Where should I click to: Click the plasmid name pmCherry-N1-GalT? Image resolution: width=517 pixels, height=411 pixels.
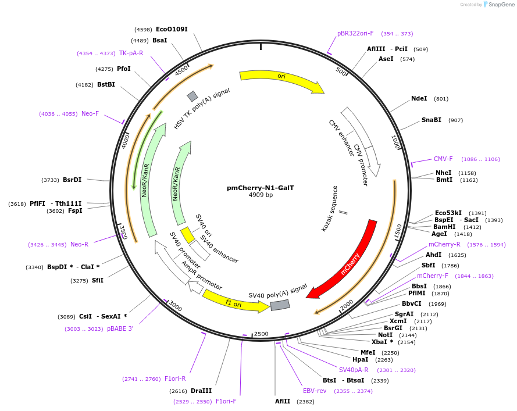pyautogui.click(x=260, y=188)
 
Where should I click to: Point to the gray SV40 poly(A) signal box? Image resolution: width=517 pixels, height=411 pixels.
pyautogui.click(x=280, y=305)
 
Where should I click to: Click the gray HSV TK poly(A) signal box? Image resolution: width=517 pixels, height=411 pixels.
pyautogui.click(x=192, y=96)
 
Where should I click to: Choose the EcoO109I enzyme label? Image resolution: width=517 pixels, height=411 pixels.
pyautogui.click(x=172, y=29)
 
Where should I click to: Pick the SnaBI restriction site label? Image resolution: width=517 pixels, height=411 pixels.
pyautogui.click(x=431, y=120)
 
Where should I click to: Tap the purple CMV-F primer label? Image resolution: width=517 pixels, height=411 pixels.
pyautogui.click(x=443, y=159)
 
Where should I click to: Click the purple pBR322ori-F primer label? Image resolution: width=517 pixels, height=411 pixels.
pyautogui.click(x=355, y=33)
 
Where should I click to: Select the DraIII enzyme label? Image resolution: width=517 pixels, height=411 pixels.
pyautogui.click(x=201, y=391)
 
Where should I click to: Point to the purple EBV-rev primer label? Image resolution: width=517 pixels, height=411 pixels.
pyautogui.click(x=315, y=391)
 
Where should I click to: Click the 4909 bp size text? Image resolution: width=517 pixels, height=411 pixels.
pyautogui.click(x=261, y=195)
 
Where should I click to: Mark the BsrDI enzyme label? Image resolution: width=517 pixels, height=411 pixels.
pyautogui.click(x=72, y=180)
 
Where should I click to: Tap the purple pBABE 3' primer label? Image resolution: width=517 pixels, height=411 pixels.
pyautogui.click(x=120, y=328)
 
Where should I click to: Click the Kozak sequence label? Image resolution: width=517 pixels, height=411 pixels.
pyautogui.click(x=329, y=209)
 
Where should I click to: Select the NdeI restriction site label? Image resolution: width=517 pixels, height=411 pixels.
pyautogui.click(x=419, y=99)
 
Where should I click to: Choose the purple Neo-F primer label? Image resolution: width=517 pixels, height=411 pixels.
pyautogui.click(x=90, y=113)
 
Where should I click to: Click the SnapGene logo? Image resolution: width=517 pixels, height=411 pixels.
pyautogui.click(x=498, y=5)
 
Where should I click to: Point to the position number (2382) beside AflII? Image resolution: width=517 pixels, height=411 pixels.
pyautogui.click(x=305, y=401)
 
